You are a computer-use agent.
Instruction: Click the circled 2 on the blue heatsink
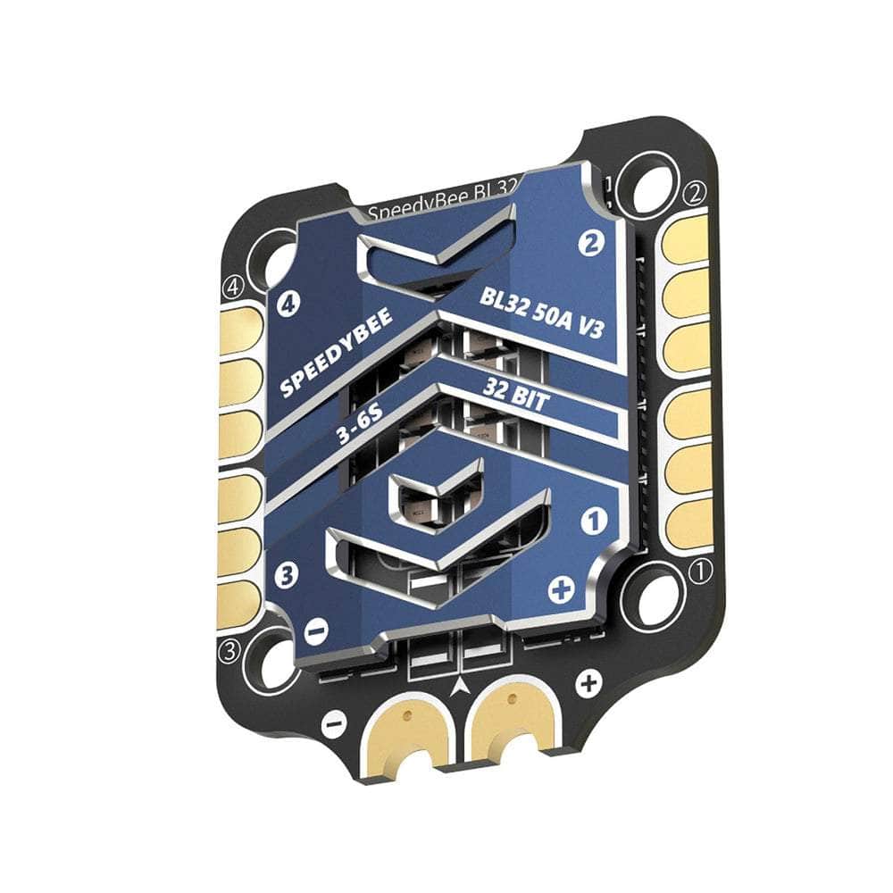pos(588,242)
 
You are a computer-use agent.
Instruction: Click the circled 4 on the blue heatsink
pos(288,305)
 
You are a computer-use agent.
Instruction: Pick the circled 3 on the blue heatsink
pos(287,575)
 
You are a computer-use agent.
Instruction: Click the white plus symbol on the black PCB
pos(587,685)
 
